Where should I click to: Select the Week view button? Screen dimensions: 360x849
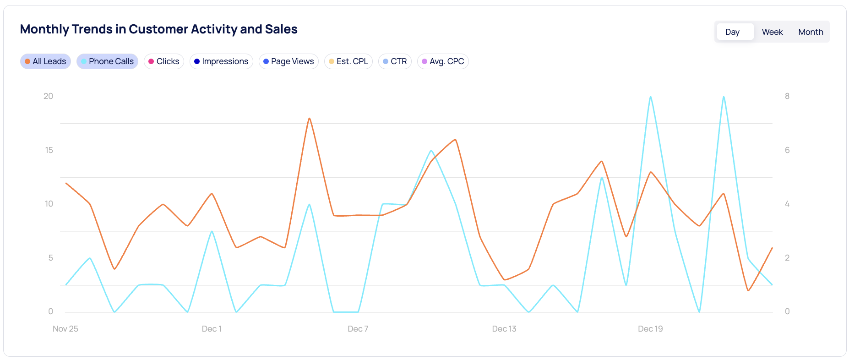tap(772, 32)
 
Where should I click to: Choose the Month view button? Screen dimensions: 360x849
tap(811, 32)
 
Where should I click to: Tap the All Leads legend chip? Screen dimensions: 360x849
tap(45, 61)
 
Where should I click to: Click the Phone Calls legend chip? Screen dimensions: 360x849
tap(107, 61)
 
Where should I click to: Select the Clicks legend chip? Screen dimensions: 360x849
tap(163, 61)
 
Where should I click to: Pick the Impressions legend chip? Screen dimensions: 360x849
tap(221, 61)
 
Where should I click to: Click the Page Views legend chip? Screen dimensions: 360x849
tap(288, 61)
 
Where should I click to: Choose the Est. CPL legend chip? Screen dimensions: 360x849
tap(348, 61)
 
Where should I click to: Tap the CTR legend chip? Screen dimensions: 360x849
tap(395, 61)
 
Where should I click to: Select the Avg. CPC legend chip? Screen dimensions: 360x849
tap(443, 61)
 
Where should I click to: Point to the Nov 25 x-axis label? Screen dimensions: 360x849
tap(65, 329)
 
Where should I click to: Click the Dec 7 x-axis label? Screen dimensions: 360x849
tap(358, 329)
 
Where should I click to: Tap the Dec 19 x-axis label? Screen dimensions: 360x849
tap(650, 329)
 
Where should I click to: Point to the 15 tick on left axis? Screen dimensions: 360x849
tap(49, 150)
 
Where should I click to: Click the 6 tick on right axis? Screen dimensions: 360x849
tap(787, 150)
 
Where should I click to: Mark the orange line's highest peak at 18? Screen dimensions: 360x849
tap(310, 118)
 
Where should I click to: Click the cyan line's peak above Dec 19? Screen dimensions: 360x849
tap(650, 97)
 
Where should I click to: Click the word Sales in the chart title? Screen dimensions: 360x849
tap(281, 29)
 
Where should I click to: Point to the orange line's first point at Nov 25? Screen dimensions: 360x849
tap(66, 183)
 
